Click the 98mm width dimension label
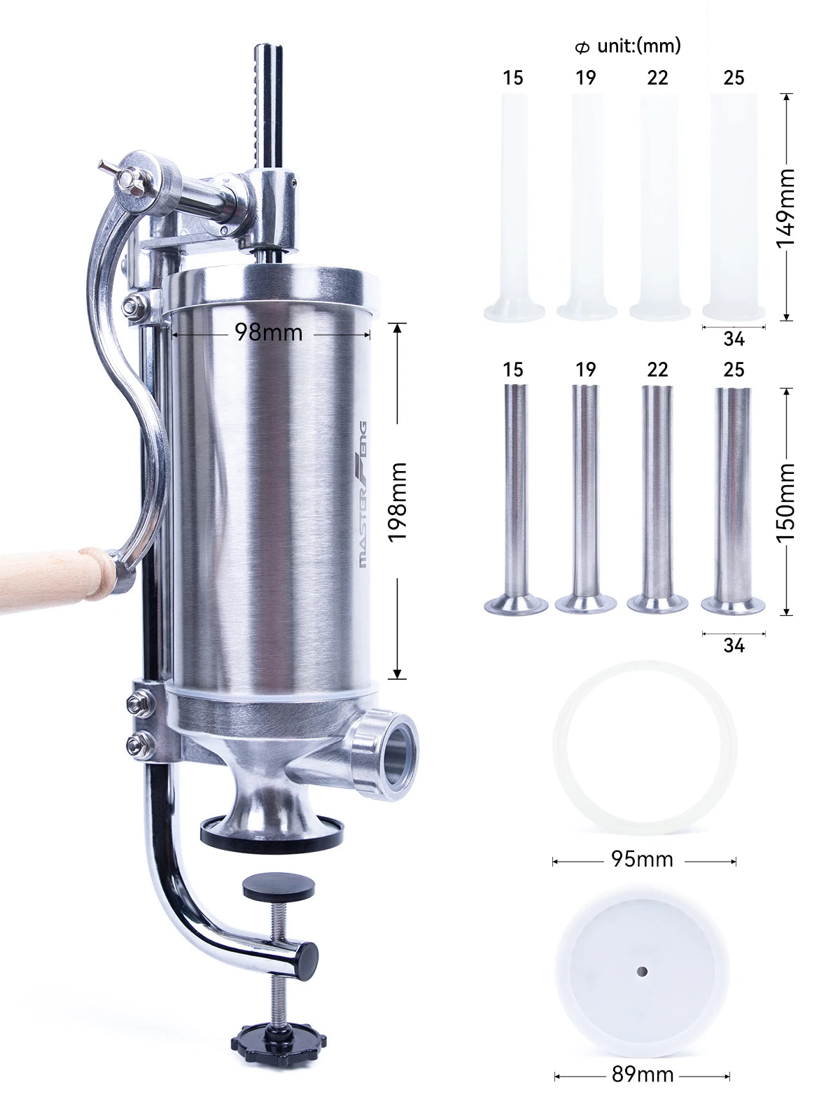pos(268,332)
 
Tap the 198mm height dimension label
pos(397,501)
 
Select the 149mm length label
pos(786,207)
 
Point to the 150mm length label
pos(786,502)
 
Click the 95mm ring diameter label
pos(642,859)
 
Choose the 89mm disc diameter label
pos(642,1074)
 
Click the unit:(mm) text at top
pos(638,46)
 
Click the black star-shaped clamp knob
pos(279,1042)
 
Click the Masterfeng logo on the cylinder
pos(363,494)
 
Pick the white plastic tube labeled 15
pos(514,203)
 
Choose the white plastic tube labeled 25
pos(734,203)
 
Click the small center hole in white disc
pos(642,972)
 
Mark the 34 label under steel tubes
pos(734,645)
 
